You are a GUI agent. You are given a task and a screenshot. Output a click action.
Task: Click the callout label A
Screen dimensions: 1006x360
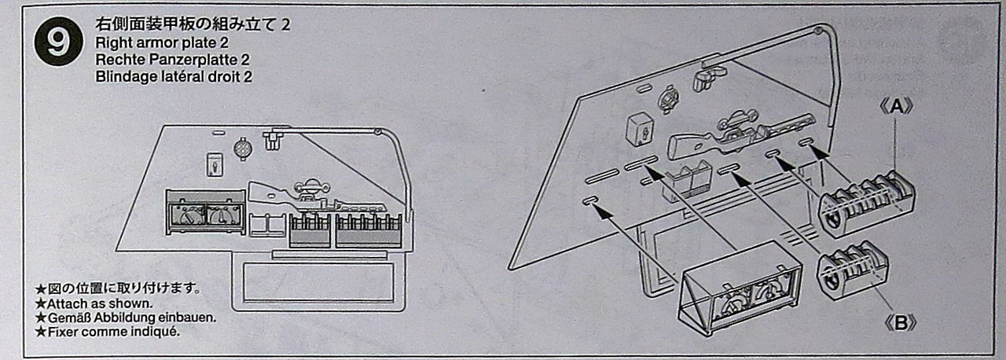tap(896, 108)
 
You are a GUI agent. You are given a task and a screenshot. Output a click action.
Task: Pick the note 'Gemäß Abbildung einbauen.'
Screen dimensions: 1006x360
tap(126, 318)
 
